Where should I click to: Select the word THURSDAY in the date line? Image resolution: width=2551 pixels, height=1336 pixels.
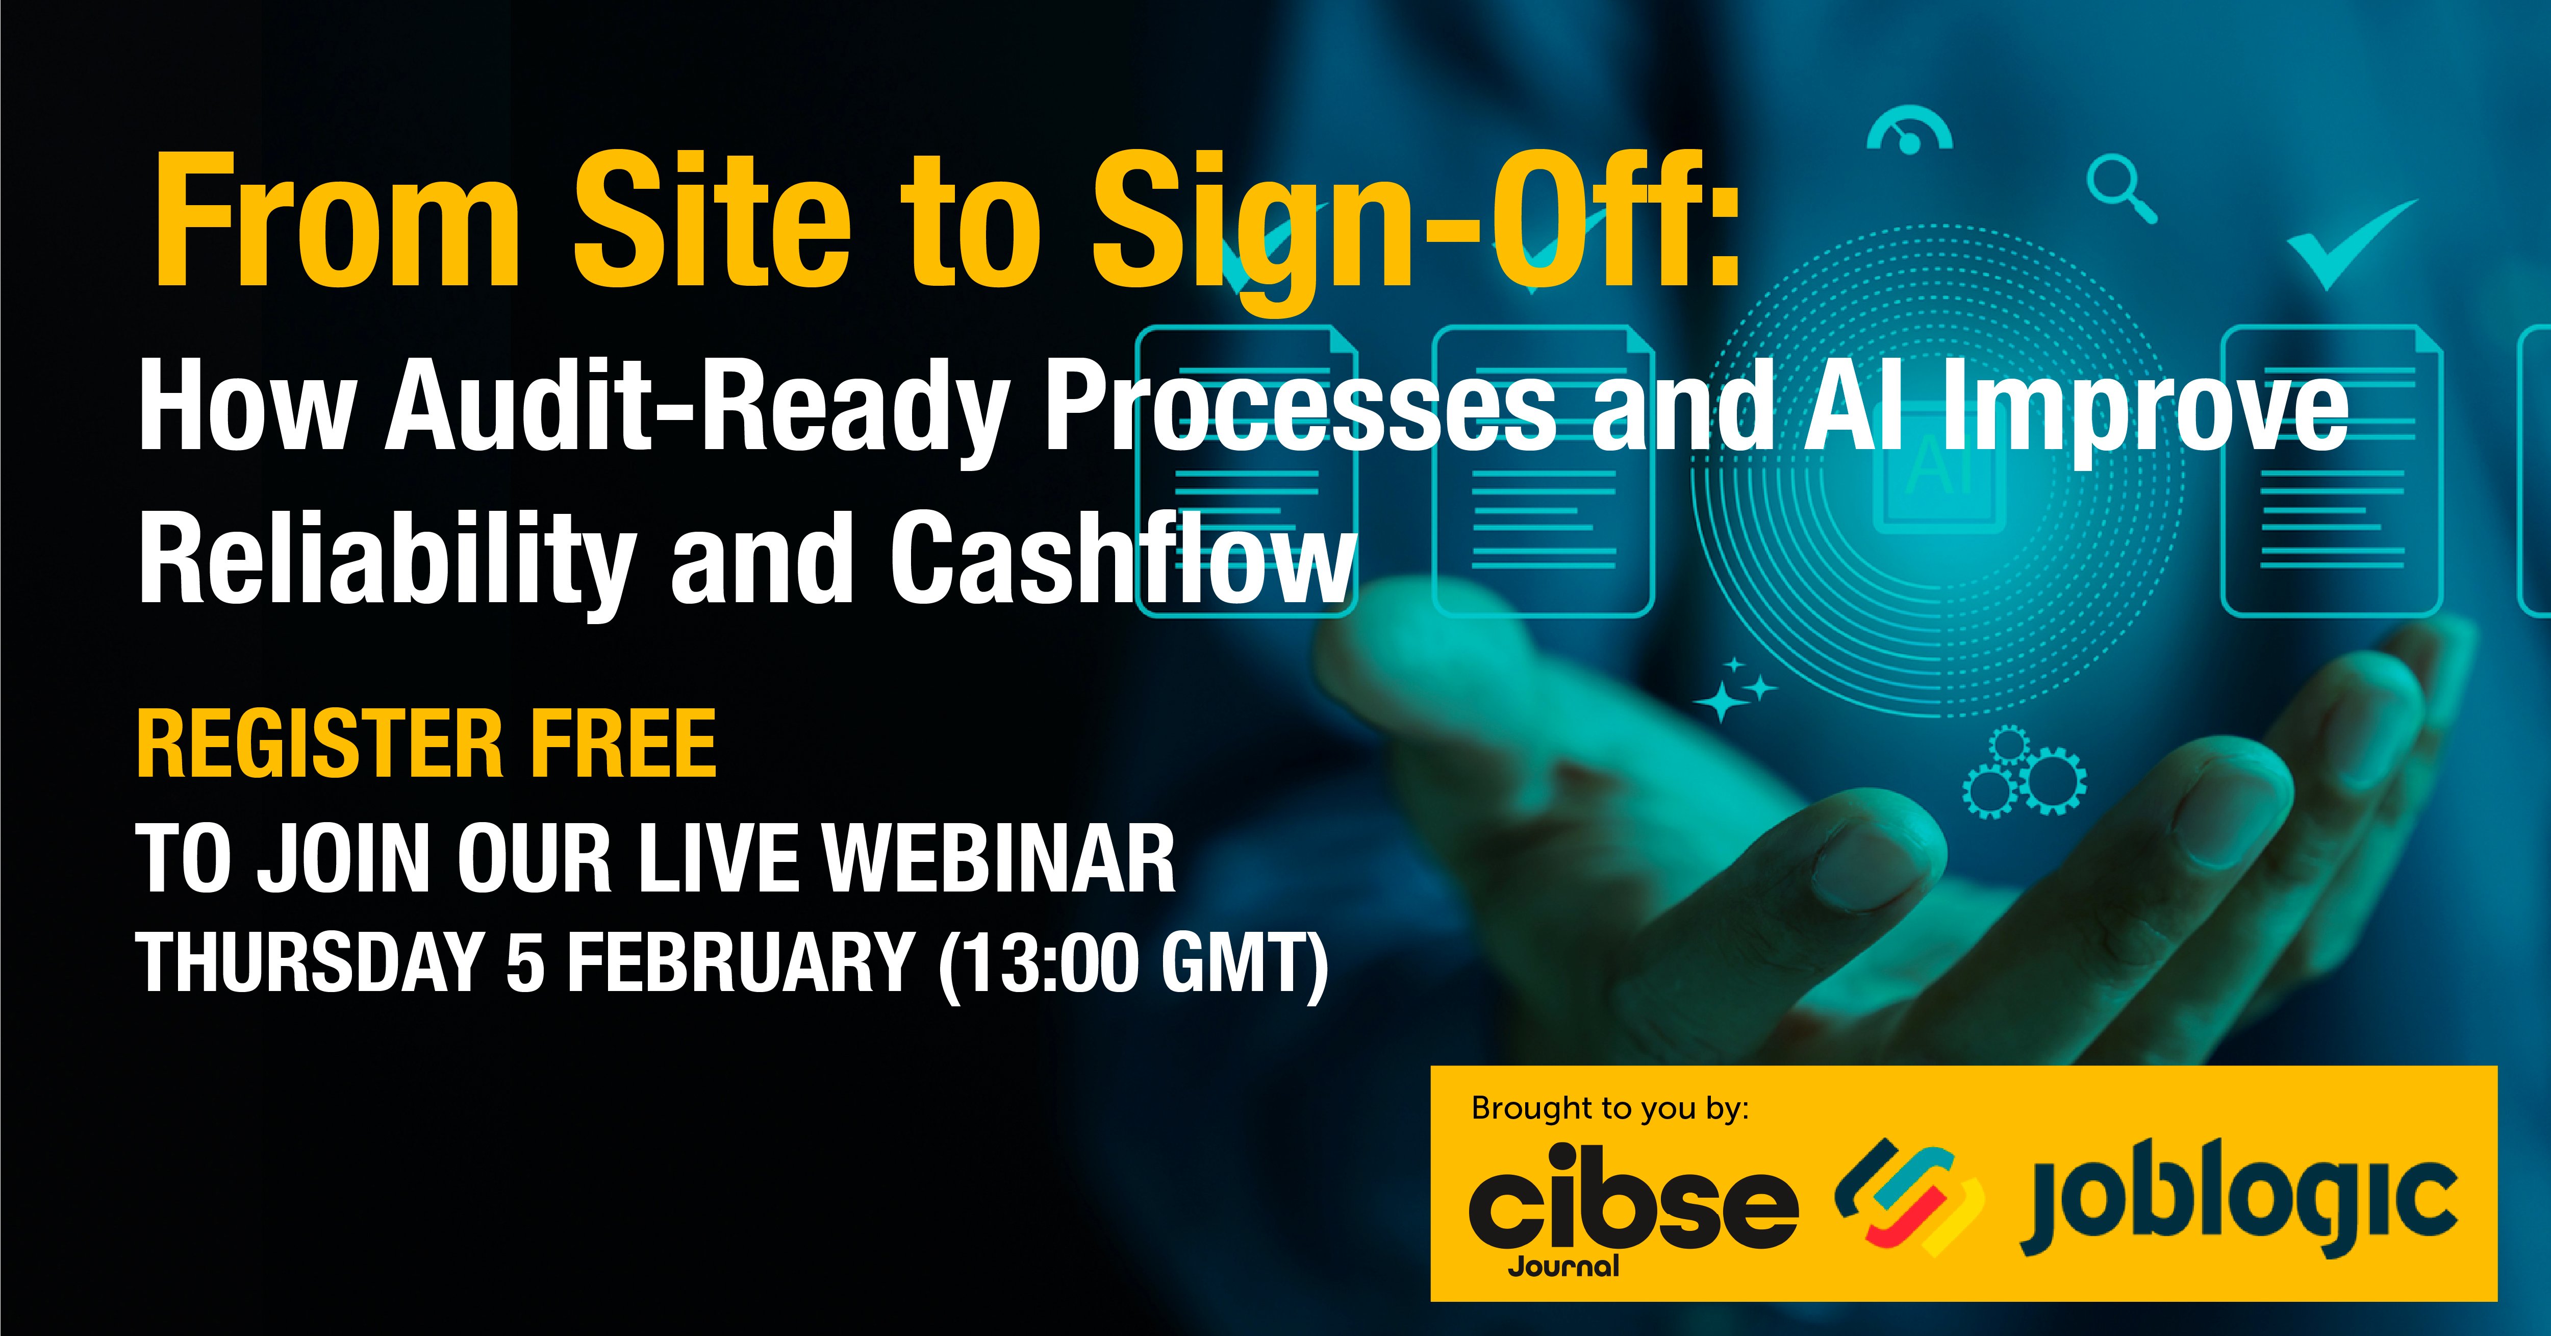coord(307,962)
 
